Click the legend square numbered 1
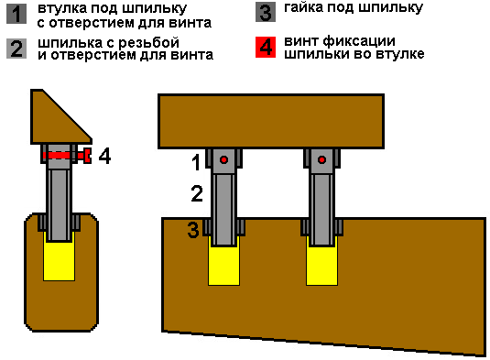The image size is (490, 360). point(16,14)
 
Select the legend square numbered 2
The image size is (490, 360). point(16,49)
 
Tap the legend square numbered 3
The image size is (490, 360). point(266,12)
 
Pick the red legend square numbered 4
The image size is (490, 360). point(266,48)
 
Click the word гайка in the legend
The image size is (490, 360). point(303,7)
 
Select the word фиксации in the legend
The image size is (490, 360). point(359,41)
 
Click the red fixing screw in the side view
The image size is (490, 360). point(67,156)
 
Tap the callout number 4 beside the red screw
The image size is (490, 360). point(104,156)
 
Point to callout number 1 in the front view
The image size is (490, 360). point(196,162)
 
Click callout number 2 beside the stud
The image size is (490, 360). point(197,193)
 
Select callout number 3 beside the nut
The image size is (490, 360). point(193,230)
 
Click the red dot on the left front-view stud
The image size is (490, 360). point(223,160)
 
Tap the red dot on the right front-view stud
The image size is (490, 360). point(321,160)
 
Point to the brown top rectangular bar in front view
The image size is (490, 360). point(271,121)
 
